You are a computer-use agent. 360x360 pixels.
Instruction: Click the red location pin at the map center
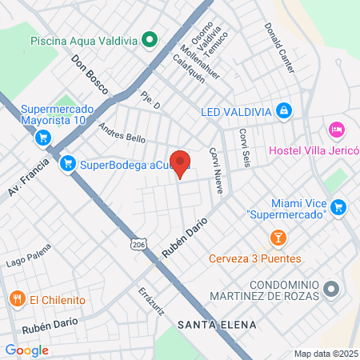click(x=181, y=164)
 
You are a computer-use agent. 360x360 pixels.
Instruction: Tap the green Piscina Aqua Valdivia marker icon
click(x=149, y=39)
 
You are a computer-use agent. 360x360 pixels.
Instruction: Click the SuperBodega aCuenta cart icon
click(x=69, y=163)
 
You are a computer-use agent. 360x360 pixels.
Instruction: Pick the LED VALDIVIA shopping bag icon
click(x=283, y=110)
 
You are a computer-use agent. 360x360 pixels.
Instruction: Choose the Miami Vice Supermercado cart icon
click(x=338, y=206)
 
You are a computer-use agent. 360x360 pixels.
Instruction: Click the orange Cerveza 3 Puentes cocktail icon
click(x=278, y=238)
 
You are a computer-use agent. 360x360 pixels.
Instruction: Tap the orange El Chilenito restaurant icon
click(x=17, y=299)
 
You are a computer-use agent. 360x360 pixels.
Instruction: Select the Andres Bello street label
click(x=122, y=132)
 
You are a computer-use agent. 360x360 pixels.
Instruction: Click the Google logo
click(x=26, y=350)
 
